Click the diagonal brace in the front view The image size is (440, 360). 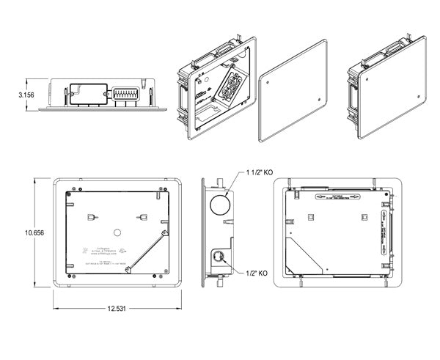click(x=144, y=251)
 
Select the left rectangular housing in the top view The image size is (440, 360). click(x=85, y=92)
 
